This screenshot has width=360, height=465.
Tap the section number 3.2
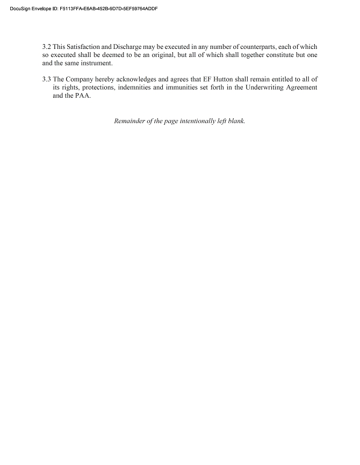pos(46,47)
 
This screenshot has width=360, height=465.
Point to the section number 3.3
pos(46,80)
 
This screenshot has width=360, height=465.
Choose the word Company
pos(80,80)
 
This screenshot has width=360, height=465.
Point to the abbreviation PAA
pos(83,96)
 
